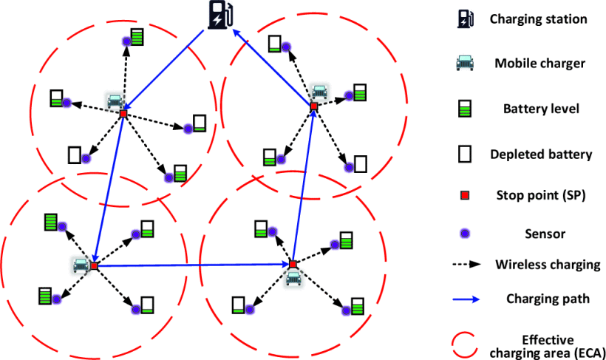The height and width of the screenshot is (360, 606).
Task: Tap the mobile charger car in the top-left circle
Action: click(115, 101)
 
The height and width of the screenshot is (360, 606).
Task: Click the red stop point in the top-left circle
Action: click(123, 115)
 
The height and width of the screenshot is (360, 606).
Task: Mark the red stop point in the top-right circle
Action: click(313, 107)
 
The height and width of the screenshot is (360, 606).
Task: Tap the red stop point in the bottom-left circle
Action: click(95, 265)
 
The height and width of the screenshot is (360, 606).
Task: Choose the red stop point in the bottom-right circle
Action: click(293, 264)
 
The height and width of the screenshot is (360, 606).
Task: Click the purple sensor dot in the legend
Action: click(466, 234)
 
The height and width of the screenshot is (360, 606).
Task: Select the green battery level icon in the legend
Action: click(466, 109)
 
